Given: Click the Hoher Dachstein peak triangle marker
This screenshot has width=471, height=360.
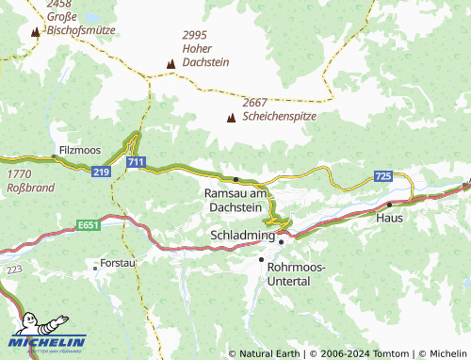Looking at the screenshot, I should [x=171, y=64].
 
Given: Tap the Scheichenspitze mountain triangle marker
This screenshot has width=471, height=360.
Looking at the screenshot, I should [x=231, y=118].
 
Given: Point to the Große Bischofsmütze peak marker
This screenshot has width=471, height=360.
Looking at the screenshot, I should [x=36, y=33].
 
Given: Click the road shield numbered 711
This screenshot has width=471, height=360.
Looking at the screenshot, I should [x=136, y=164].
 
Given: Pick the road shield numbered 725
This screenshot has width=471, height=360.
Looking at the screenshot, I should [x=382, y=176].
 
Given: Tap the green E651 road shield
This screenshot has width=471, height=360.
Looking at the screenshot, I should [x=89, y=225].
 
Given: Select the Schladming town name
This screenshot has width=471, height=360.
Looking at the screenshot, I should [x=241, y=235].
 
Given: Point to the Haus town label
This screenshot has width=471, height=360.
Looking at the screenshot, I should [x=389, y=218].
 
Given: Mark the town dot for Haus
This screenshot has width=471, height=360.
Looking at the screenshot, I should [x=389, y=204].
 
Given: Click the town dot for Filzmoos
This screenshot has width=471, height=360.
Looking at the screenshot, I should [x=54, y=156].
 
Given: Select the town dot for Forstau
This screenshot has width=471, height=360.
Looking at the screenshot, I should [x=94, y=268].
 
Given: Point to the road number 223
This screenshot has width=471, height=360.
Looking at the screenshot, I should [x=13, y=269].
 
